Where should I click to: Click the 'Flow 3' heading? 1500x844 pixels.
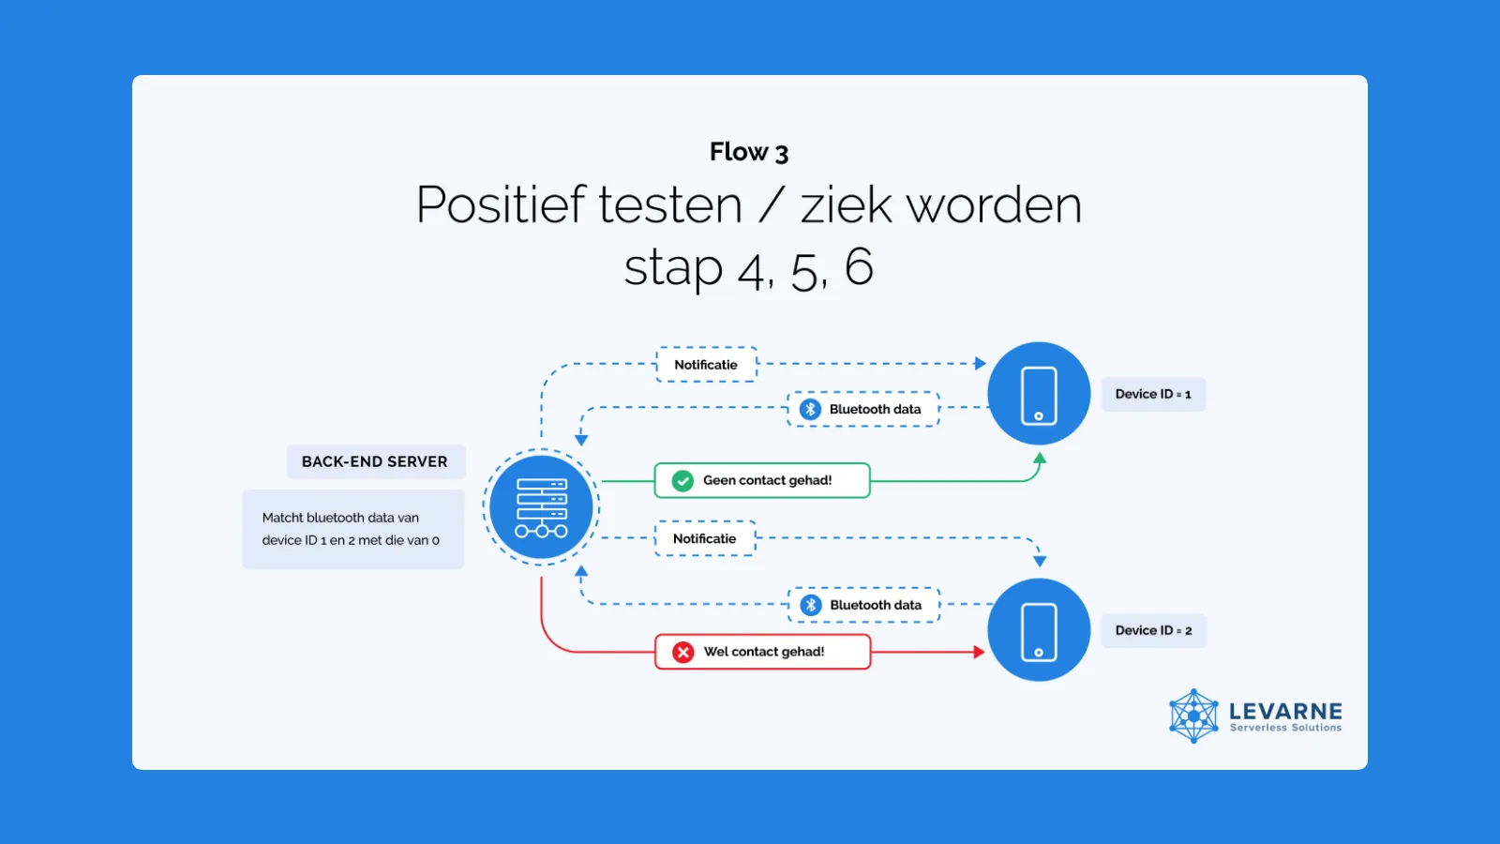(749, 152)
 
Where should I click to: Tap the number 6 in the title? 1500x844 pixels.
(859, 266)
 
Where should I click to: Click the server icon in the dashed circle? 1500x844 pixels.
(541, 507)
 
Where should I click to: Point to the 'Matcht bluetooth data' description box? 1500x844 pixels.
(352, 529)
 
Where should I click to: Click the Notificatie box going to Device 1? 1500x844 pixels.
(707, 365)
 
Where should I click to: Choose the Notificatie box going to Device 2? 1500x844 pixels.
(705, 538)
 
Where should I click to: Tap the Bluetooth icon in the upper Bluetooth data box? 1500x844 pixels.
(810, 409)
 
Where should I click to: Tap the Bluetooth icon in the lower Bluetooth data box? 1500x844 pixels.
(811, 605)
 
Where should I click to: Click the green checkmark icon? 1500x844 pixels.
(682, 480)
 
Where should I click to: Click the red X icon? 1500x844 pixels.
(683, 652)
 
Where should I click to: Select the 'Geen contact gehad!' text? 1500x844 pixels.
(768, 480)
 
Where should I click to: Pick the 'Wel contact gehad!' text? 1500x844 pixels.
(764, 652)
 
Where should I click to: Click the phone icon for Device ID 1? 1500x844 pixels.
(1039, 395)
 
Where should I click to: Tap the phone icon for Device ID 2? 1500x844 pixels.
(1039, 632)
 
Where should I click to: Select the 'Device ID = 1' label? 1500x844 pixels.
(1154, 394)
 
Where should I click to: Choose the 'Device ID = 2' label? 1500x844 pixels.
(1154, 630)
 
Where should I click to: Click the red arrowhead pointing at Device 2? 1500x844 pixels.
(979, 652)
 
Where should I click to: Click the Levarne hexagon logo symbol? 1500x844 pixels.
(1194, 716)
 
